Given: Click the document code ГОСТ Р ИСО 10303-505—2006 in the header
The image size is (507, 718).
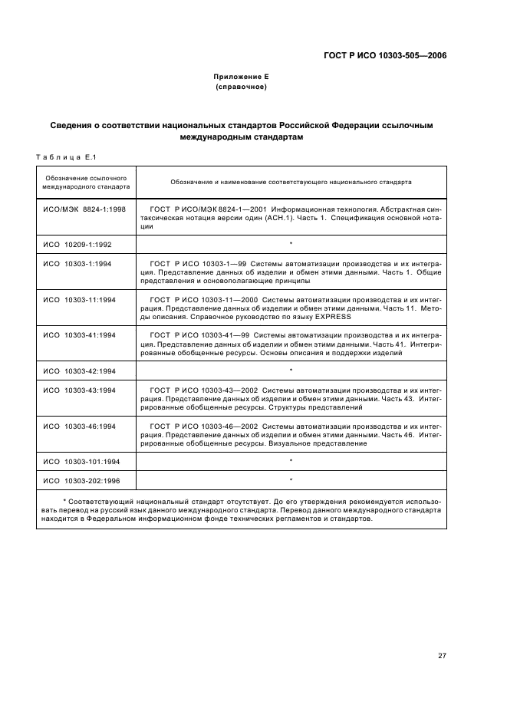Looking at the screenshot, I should [x=385, y=55].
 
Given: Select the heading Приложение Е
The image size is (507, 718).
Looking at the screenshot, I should [x=242, y=77].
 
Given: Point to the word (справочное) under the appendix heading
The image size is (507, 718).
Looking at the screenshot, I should [x=242, y=87].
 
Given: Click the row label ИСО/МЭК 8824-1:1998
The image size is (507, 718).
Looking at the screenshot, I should [x=84, y=209].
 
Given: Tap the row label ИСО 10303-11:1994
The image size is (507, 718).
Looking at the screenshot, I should [x=80, y=299].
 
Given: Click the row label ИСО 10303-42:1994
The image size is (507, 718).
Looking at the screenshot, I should [x=80, y=371].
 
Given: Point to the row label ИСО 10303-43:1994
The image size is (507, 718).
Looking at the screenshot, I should [x=80, y=390].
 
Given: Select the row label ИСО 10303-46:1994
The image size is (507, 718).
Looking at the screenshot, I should [x=80, y=426].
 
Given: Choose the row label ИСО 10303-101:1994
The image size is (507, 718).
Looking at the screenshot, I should [x=81, y=461].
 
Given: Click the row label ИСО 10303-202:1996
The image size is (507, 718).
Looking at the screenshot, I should [x=81, y=480].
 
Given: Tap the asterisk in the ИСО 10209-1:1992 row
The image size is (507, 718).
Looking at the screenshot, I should [x=291, y=243].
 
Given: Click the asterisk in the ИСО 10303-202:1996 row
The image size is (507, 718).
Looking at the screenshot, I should [x=291, y=480].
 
